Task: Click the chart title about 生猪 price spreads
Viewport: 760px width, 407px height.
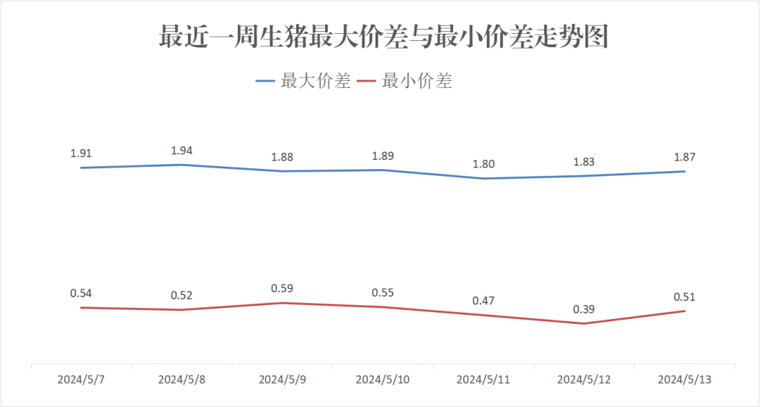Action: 383,38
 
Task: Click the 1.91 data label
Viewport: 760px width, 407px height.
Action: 82,153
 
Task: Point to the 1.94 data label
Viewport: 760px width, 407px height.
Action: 182,150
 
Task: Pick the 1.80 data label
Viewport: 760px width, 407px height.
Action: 483,164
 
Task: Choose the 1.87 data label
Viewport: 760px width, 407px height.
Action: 685,157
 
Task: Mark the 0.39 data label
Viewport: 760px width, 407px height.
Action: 584,309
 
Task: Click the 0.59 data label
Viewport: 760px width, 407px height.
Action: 282,288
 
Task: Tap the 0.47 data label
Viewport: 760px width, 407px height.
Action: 483,301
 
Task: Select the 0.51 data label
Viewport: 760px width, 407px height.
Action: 685,296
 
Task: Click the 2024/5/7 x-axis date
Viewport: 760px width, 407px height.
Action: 82,380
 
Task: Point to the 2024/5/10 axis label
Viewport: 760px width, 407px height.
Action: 383,380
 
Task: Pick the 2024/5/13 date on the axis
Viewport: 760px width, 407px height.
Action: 685,380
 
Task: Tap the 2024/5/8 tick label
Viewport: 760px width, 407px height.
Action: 182,380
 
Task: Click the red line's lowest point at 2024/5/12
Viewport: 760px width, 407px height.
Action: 584,324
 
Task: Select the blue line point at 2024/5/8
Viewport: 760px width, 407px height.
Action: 182,165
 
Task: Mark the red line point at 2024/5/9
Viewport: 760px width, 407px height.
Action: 282,303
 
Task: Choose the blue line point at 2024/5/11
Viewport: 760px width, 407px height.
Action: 483,178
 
